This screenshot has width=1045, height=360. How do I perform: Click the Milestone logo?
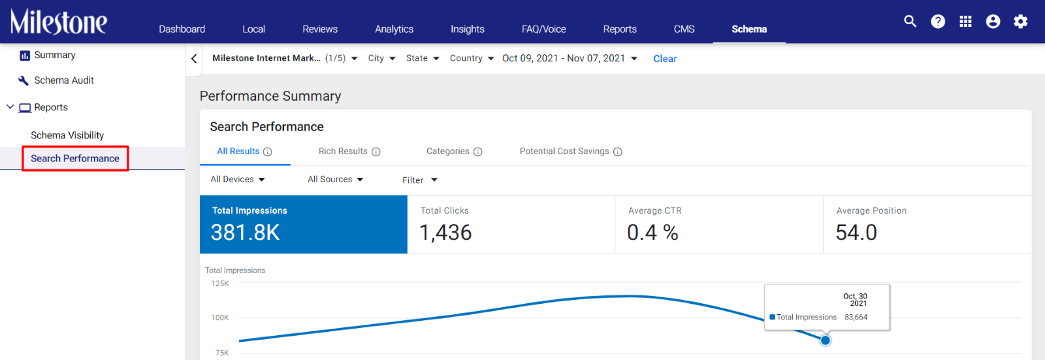coord(59,22)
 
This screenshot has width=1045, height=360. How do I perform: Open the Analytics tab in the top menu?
coord(394,29)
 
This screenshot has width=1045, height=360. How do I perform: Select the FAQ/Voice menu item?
coord(543,29)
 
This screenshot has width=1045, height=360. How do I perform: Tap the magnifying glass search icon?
coord(910,22)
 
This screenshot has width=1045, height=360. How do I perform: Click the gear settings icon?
coord(1020,22)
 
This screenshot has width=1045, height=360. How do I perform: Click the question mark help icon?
coord(938,22)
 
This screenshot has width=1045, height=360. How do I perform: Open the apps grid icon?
coord(965,22)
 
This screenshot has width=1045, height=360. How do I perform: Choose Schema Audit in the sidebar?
coord(64,80)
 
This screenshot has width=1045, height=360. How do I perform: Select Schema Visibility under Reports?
coord(67,135)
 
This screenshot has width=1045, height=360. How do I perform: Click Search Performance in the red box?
coord(75,158)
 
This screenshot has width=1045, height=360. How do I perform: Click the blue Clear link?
coord(665,59)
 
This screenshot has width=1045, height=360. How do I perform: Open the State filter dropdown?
coord(423,58)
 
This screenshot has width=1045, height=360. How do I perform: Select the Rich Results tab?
coord(349,152)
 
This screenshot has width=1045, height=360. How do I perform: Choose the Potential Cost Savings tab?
coord(571,152)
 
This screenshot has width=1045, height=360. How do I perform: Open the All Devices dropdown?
coord(238,179)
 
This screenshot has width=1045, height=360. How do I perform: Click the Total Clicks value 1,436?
coord(445,233)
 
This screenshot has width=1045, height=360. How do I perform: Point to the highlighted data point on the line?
coord(826,340)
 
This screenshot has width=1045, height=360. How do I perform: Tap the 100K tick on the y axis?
coord(220,318)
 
